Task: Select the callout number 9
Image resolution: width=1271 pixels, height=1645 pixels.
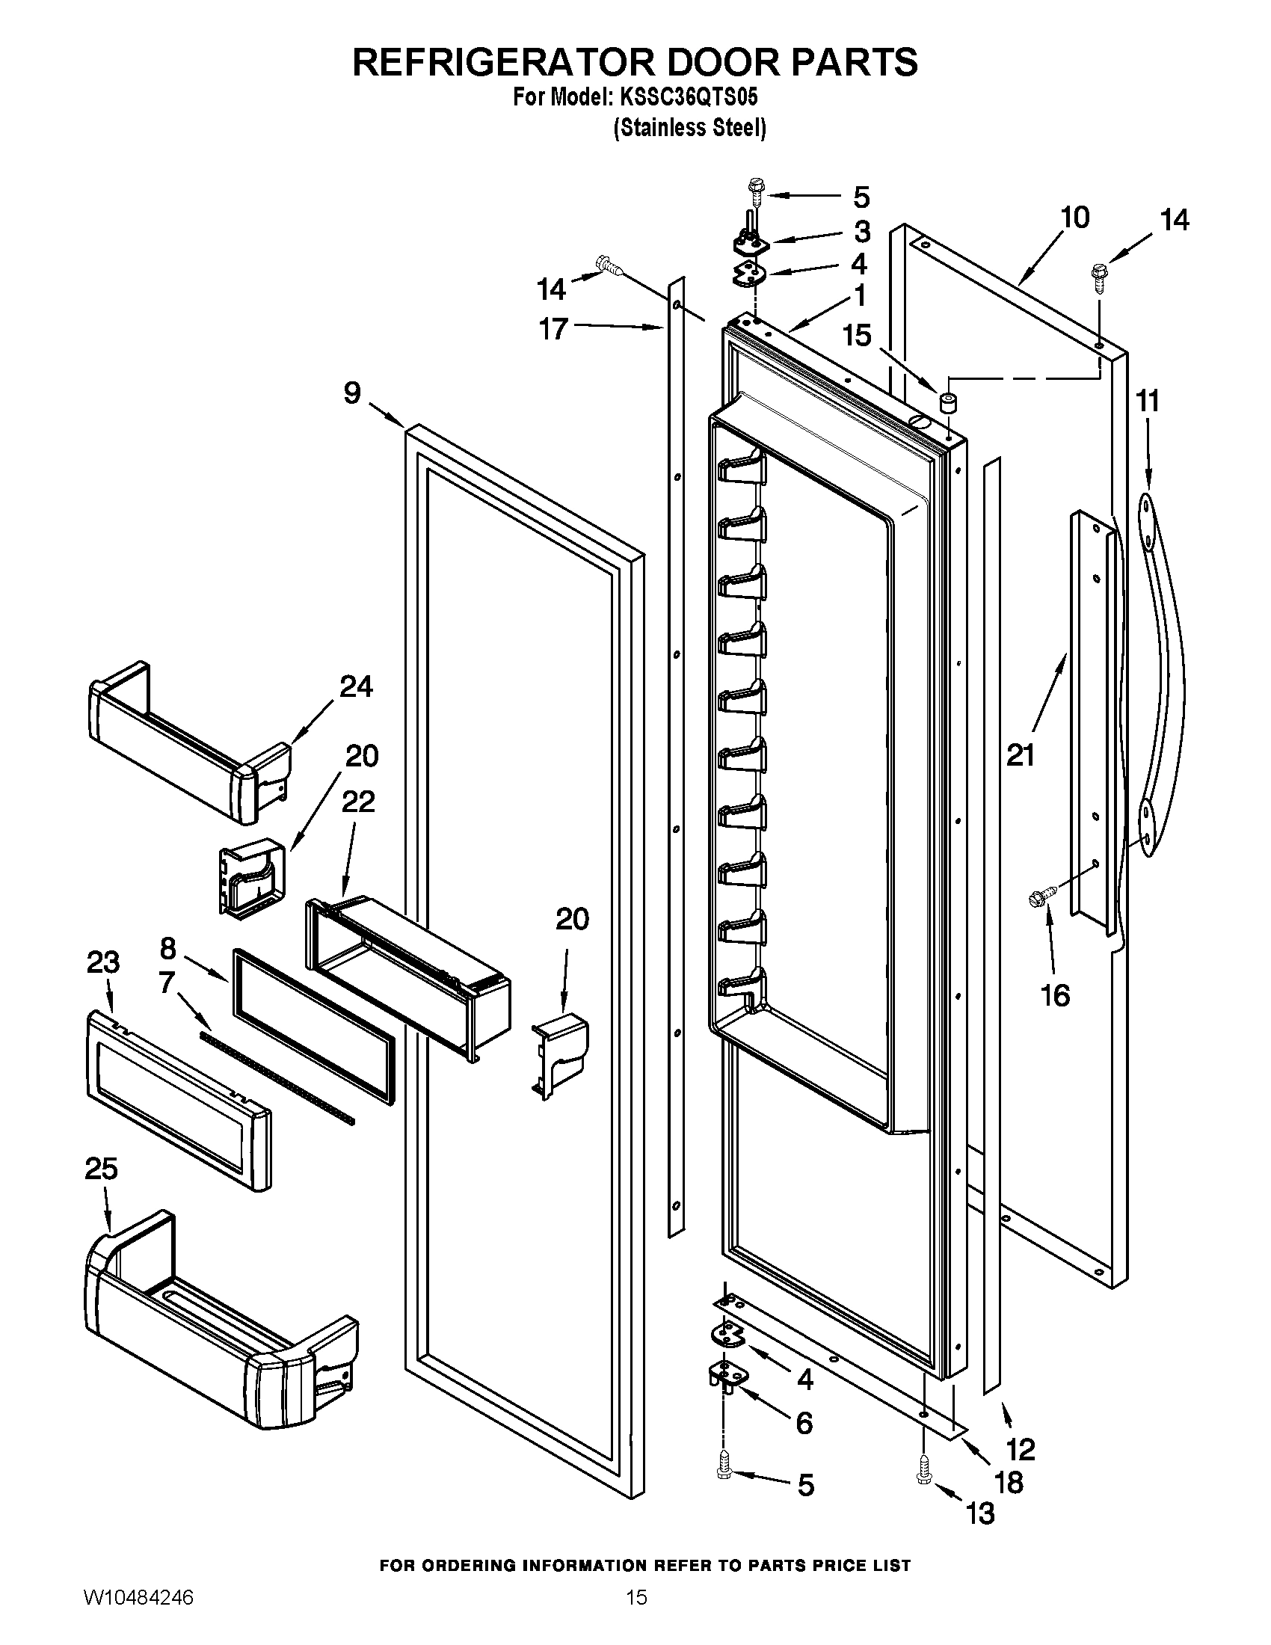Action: (x=352, y=393)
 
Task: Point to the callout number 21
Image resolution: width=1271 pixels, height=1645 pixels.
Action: (x=1021, y=754)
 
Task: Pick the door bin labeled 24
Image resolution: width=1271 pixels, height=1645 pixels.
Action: (x=188, y=742)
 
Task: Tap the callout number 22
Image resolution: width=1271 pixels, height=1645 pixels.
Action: (x=358, y=802)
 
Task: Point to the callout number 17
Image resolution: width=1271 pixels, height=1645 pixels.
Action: (x=553, y=329)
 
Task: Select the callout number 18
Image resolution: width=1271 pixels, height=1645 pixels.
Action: (x=1009, y=1482)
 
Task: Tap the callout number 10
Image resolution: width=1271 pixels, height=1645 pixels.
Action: (x=1074, y=218)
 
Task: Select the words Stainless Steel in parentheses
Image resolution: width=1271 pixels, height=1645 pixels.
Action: (x=690, y=129)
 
